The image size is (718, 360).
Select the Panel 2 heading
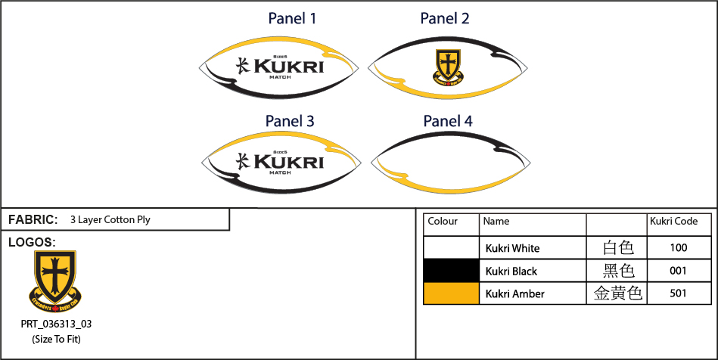(445, 18)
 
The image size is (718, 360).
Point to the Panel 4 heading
(448, 120)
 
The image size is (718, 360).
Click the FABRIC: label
(33, 220)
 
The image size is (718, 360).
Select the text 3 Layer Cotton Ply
(110, 220)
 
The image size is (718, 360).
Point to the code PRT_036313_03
(56, 324)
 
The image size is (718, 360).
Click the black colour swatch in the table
(452, 271)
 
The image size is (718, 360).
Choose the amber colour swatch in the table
(452, 293)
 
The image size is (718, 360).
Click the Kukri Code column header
(674, 222)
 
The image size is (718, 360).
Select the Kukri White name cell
(512, 248)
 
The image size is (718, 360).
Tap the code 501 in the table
(679, 293)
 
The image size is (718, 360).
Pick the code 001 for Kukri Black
(679, 271)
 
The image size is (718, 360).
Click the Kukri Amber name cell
(514, 293)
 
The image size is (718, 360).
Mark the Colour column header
(443, 222)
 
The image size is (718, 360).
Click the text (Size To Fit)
(56, 339)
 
